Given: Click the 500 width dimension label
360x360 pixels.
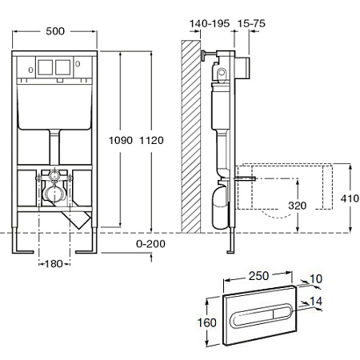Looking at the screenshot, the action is coord(55,31).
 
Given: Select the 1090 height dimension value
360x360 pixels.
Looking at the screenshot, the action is coord(121,140).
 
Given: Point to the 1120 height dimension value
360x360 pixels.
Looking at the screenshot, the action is coord(151,140).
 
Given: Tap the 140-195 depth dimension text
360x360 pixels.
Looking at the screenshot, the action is coord(210,23).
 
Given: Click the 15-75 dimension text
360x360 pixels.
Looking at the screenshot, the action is coord(251,23).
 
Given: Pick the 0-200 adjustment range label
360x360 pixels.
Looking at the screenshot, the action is coord(150,244).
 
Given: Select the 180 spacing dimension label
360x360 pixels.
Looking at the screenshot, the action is coord(54,264).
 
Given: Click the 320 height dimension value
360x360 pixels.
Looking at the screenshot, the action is coord(298,206).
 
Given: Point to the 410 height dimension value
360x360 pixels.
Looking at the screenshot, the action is coord(350,198).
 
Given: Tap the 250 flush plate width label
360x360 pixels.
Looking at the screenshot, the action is coord(258,276).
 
